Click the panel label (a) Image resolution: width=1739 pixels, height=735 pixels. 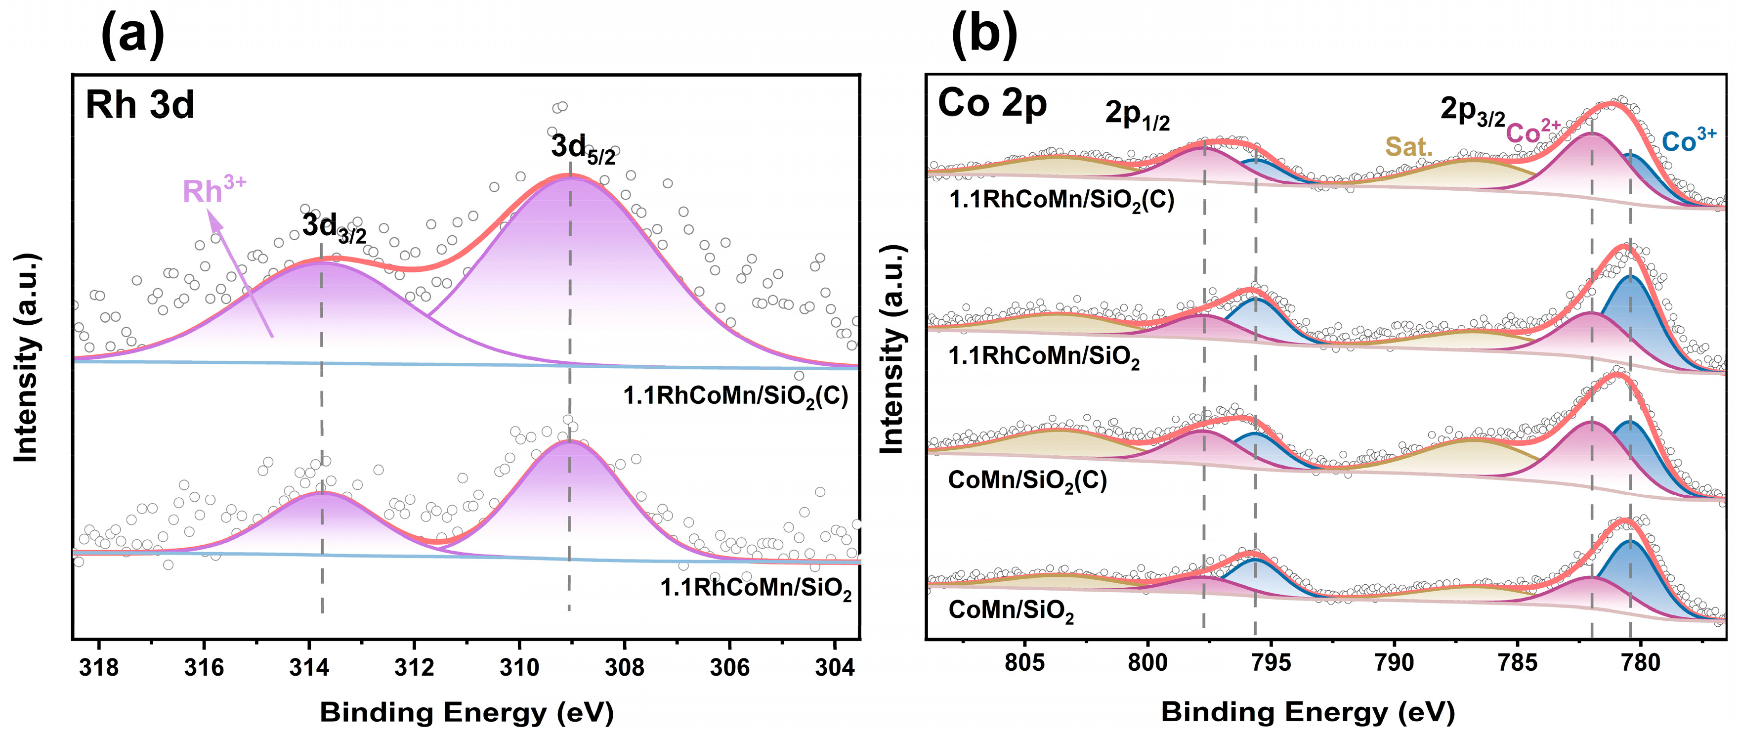point(132,35)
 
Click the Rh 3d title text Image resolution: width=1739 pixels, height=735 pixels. point(140,105)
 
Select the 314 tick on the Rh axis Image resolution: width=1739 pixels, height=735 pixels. point(309,667)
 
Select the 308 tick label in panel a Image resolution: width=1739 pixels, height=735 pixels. point(625,667)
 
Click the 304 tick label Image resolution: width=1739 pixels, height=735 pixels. point(834,667)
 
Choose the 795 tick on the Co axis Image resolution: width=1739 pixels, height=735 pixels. point(1271,662)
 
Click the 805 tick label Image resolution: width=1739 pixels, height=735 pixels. point(1024,662)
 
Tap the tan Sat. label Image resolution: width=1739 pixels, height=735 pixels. point(1408,146)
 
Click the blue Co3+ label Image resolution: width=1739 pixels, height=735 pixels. point(1688,140)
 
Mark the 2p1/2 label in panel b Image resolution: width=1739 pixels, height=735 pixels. point(1137,115)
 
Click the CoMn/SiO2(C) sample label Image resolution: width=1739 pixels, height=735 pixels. point(1027,480)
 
